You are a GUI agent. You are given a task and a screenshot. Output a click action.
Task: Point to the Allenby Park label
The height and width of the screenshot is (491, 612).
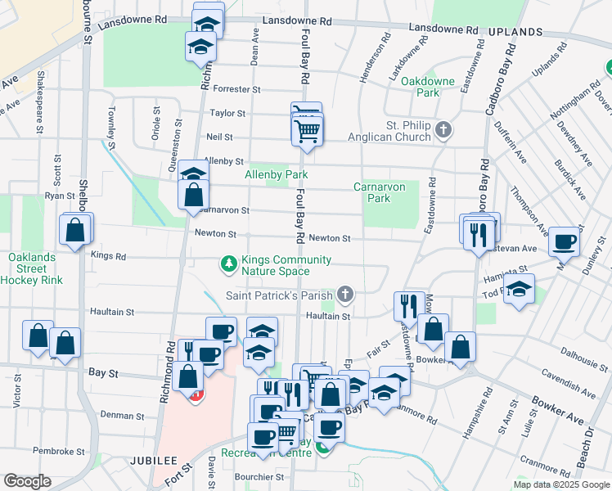tap(277, 175)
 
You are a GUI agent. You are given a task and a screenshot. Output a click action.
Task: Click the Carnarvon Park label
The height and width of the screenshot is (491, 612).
tap(379, 192)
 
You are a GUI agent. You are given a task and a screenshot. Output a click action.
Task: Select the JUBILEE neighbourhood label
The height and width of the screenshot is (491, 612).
tap(153, 461)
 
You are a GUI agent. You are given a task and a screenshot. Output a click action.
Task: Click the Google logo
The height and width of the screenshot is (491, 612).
tap(27, 481)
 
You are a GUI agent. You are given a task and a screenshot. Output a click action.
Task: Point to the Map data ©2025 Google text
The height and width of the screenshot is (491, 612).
tap(560, 484)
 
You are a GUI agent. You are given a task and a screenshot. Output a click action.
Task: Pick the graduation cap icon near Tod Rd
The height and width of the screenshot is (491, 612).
tap(518, 291)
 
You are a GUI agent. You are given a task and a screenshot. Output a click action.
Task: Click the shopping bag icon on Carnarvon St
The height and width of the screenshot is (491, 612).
tap(193, 195)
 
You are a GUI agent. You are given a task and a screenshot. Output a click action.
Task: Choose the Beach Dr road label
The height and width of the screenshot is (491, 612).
tap(586, 448)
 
